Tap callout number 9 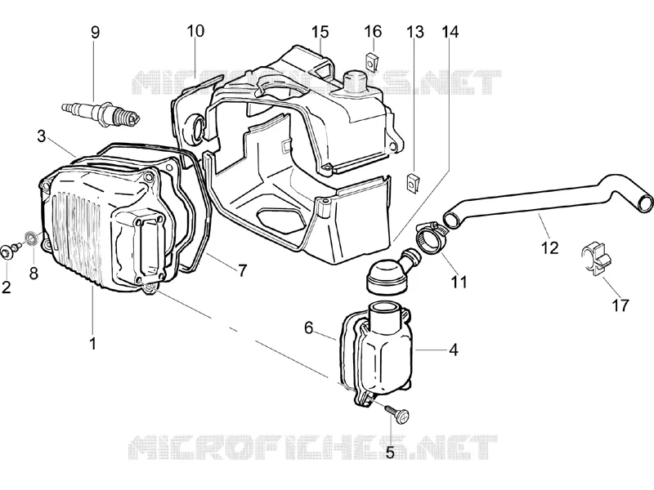pyautogui.click(x=96, y=33)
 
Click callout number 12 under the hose pyautogui.click(x=549, y=248)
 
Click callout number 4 pyautogui.click(x=454, y=350)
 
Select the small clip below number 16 pyautogui.click(x=371, y=62)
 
